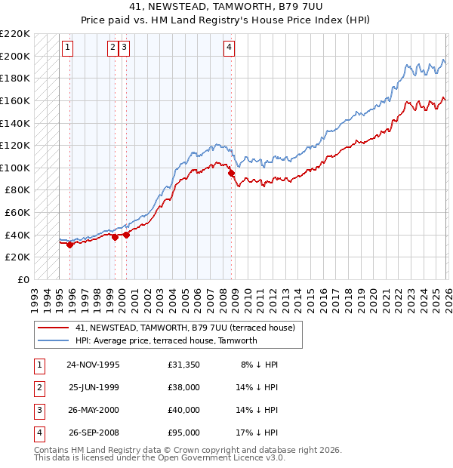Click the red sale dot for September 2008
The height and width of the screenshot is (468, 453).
click(231, 174)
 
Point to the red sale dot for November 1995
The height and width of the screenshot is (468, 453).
click(69, 245)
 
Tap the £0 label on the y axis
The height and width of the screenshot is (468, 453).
click(23, 279)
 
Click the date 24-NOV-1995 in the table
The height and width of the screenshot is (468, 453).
click(93, 365)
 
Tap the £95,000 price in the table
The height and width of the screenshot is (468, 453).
click(184, 433)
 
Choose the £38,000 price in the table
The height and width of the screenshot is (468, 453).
click(184, 387)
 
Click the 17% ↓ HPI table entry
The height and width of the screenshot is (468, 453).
click(260, 433)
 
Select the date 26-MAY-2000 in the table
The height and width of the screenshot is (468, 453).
click(93, 410)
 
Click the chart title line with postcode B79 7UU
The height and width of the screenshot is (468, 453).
click(226, 8)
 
